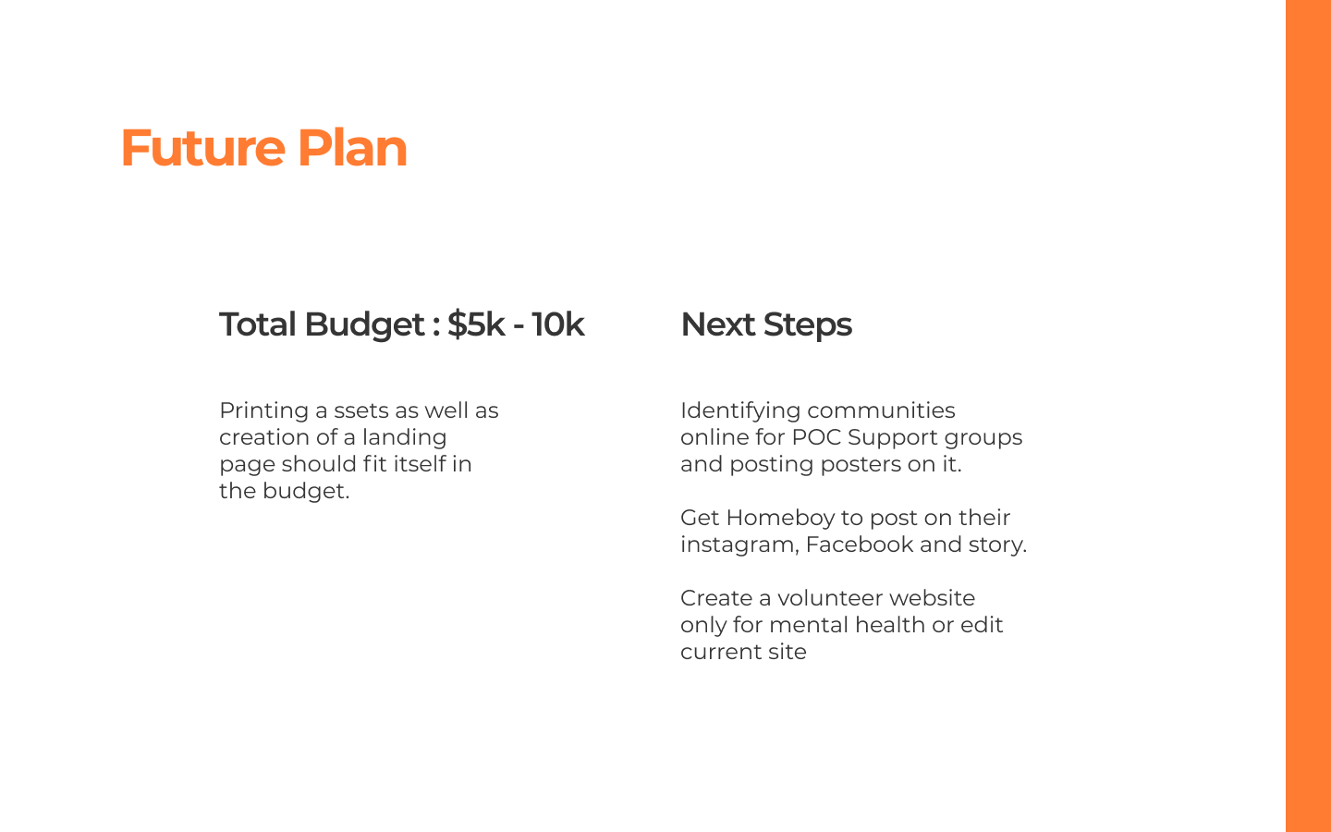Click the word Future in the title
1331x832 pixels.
203,148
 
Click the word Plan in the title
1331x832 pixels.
352,148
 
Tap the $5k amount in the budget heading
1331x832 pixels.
476,324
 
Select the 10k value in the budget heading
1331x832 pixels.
558,324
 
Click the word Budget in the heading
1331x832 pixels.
365,325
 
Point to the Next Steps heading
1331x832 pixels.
766,325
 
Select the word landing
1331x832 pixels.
404,438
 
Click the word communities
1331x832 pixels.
881,410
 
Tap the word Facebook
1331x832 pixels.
860,545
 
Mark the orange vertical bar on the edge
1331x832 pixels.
1309,416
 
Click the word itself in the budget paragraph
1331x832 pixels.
417,464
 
